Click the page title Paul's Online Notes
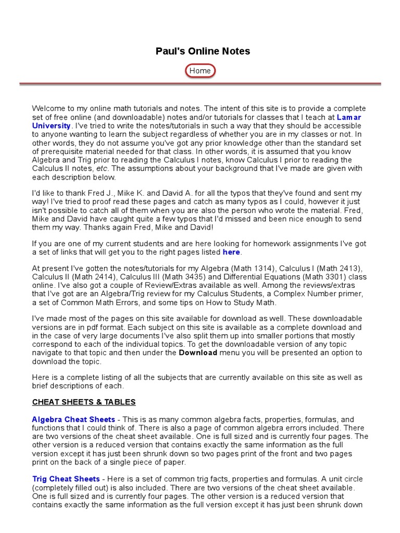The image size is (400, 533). coord(203,51)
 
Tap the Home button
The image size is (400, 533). coord(200,71)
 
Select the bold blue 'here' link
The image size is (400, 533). coord(231,252)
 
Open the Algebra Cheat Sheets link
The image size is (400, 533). coord(73,420)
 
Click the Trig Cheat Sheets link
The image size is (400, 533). coord(66,479)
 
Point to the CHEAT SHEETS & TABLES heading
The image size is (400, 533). coord(84,402)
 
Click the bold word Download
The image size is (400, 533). coord(198,352)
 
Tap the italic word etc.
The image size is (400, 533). coord(102,168)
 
